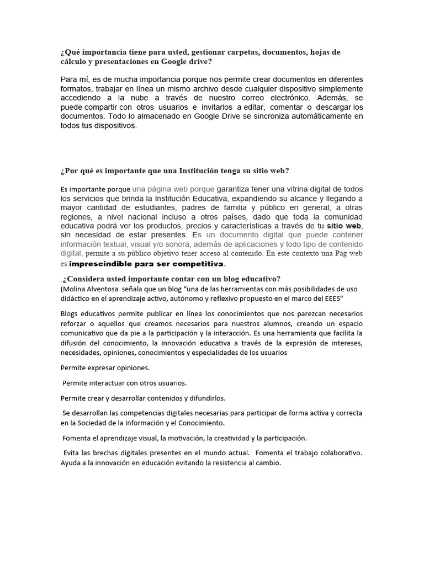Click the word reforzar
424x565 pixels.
coord(75,323)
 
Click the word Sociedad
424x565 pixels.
coord(86,423)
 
